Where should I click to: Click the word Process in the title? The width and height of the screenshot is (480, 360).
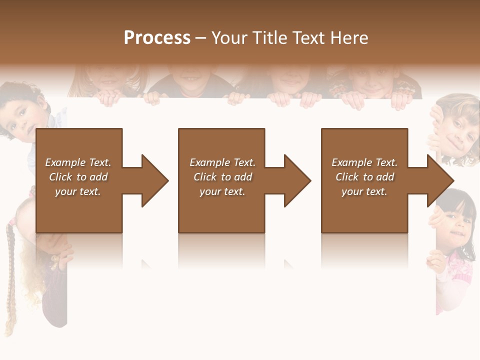click(157, 38)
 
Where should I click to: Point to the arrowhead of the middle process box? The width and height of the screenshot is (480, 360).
click(296, 180)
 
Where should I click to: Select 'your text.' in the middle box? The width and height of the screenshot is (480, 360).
click(222, 191)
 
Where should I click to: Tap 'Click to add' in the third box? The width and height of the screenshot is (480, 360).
click(364, 177)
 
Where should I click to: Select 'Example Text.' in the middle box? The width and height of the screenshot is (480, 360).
click(222, 162)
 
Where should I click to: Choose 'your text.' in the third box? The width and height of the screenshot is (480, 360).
click(364, 191)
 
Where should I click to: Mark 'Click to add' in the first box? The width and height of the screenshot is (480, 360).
click(78, 177)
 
